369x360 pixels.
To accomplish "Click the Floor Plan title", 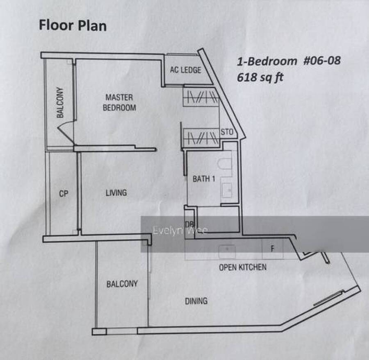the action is pyautogui.click(x=73, y=25).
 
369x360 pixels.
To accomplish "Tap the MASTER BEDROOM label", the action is pyautogui.click(x=119, y=102).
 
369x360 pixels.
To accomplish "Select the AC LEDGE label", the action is pyautogui.click(x=186, y=70).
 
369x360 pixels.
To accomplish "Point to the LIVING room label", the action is pyautogui.click(x=116, y=193).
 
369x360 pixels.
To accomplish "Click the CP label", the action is pyautogui.click(x=64, y=194).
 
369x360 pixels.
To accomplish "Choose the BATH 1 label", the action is pyautogui.click(x=204, y=179).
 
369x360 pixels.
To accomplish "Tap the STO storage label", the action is pyautogui.click(x=227, y=132).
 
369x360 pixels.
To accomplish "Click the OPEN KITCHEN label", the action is pyautogui.click(x=243, y=267).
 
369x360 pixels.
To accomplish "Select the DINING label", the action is pyautogui.click(x=196, y=301).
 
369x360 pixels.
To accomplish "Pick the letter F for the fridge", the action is pyautogui.click(x=273, y=249).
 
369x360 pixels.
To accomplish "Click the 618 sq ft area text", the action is pyautogui.click(x=260, y=77).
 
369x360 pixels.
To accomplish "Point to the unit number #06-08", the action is pyautogui.click(x=322, y=61).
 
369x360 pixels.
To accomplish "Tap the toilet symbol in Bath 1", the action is pyautogui.click(x=225, y=164).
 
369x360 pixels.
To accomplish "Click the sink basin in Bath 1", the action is pyautogui.click(x=227, y=190).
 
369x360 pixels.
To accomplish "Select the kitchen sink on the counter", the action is pyautogui.click(x=227, y=251).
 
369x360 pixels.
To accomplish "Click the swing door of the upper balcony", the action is pyautogui.click(x=66, y=132).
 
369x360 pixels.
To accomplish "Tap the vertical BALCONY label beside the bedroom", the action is pyautogui.click(x=60, y=102).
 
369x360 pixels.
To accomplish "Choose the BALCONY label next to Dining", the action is pyautogui.click(x=122, y=284).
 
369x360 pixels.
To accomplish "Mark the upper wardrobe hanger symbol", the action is pyautogui.click(x=201, y=97).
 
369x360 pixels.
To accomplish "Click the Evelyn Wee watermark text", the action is pyautogui.click(x=180, y=230).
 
